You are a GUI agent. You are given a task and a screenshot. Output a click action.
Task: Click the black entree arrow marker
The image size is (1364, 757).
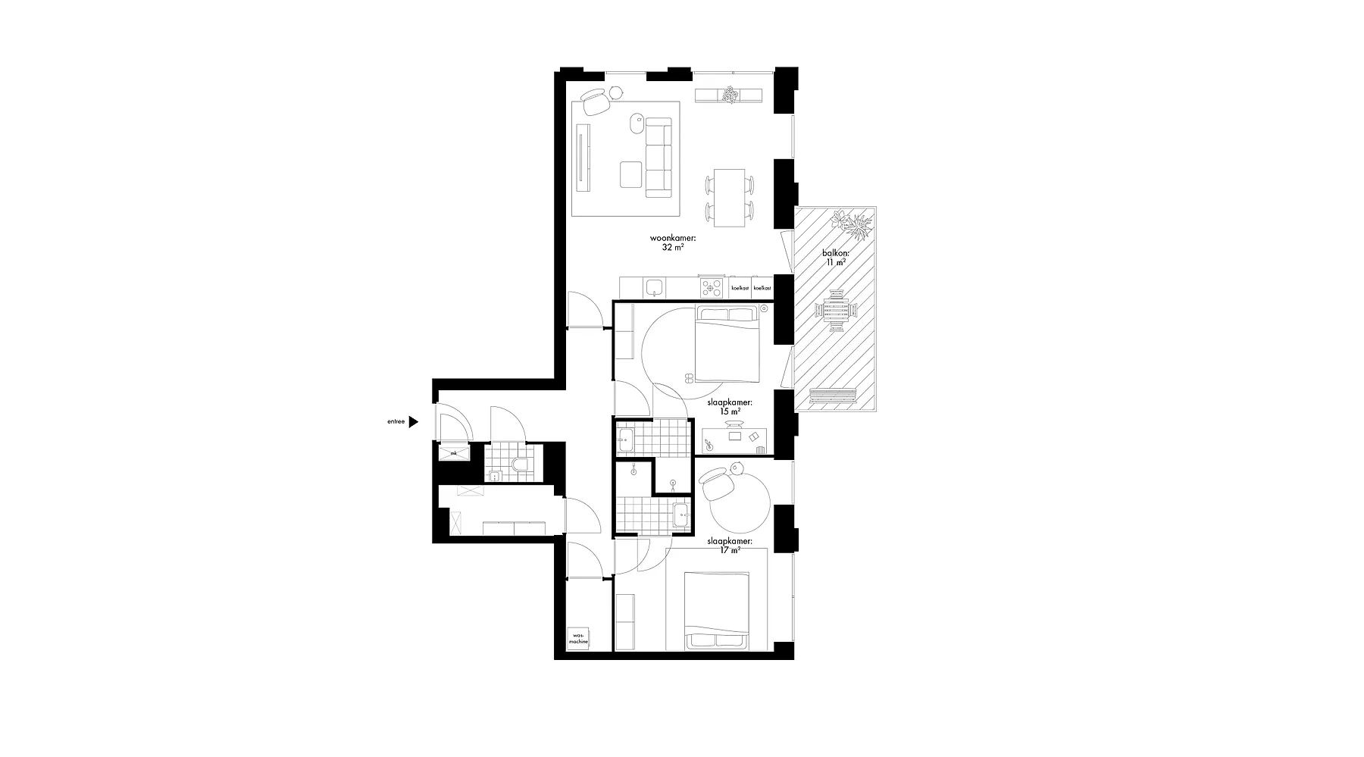coord(414,422)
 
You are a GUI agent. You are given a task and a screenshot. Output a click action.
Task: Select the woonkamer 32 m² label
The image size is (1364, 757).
coord(673,242)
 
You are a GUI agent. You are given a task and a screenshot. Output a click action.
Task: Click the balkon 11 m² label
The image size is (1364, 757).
coord(836,258)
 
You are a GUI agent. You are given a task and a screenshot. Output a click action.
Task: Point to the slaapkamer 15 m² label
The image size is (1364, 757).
coord(729,407)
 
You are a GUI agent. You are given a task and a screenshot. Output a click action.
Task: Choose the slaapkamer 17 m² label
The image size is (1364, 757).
coord(729,546)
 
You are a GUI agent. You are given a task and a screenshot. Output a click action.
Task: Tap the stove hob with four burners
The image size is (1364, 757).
coord(712,287)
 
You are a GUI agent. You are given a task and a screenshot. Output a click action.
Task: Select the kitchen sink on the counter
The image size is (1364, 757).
coord(654,287)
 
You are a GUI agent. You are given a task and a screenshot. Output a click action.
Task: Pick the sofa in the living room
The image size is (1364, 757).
coord(659,158)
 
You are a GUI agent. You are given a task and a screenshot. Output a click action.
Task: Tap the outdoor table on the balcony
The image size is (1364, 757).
coord(837,310)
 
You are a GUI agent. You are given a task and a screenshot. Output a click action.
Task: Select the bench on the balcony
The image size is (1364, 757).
coord(832,396)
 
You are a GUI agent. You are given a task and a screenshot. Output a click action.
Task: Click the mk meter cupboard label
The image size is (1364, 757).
coord(454,453)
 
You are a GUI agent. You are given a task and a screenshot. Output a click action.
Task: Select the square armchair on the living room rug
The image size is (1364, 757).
coord(631,174)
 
